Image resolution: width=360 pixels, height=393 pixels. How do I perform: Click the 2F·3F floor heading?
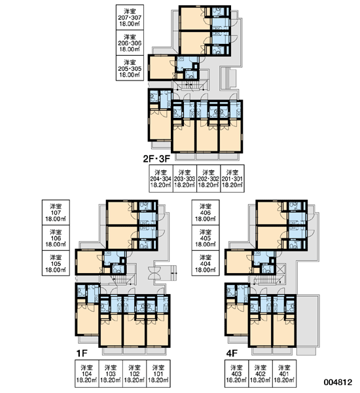(x=156, y=159)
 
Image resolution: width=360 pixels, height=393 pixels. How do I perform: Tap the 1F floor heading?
(x=82, y=354)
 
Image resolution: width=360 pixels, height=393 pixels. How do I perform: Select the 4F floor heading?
(x=232, y=354)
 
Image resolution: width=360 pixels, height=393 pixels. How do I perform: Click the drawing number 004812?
(x=338, y=382)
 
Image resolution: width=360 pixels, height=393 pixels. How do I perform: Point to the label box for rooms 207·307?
(x=130, y=17)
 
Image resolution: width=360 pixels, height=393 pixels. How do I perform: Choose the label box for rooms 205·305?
(x=130, y=68)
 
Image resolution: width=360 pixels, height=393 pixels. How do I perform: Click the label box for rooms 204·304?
(x=161, y=178)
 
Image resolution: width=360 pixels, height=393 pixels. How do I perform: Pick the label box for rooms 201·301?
(x=232, y=178)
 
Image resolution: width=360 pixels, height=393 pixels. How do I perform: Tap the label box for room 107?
(x=56, y=212)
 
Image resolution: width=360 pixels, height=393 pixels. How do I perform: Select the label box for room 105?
(x=56, y=263)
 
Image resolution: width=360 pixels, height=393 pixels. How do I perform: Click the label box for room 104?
(x=86, y=374)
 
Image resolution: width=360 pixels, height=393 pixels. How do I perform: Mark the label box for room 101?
(x=158, y=374)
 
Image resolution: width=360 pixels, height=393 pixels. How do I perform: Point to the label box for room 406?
(x=206, y=212)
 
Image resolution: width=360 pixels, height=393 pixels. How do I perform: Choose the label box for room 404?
(x=206, y=263)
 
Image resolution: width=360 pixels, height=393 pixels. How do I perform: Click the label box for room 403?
(x=236, y=374)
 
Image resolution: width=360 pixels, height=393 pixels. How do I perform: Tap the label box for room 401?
(x=284, y=374)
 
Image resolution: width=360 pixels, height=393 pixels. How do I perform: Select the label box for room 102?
(x=135, y=374)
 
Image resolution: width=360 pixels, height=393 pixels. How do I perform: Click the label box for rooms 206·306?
(x=130, y=43)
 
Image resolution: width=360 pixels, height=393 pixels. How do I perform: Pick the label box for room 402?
(x=261, y=374)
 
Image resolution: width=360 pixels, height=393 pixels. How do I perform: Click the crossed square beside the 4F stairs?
(x=281, y=269)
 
